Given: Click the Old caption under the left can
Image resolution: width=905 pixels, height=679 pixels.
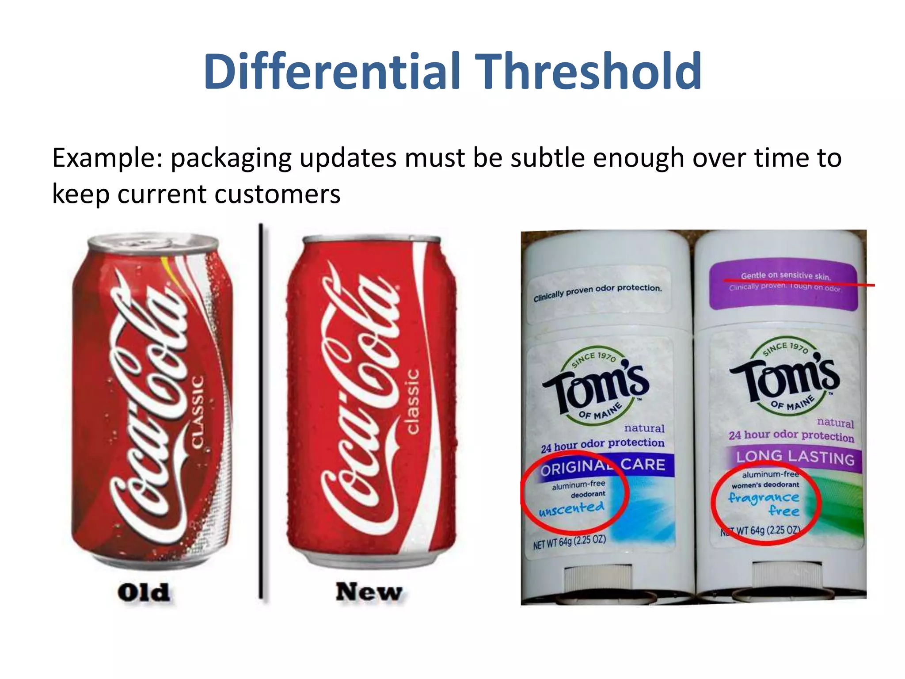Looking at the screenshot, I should (144, 592).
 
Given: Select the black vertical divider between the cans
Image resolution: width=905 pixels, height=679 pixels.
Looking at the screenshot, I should (261, 411).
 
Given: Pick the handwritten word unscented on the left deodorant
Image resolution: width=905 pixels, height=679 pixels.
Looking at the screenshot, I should (571, 508).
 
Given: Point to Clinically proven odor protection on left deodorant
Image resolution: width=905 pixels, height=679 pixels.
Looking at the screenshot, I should (598, 292).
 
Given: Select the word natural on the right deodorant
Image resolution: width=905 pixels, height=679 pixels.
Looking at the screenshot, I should (835, 423).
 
